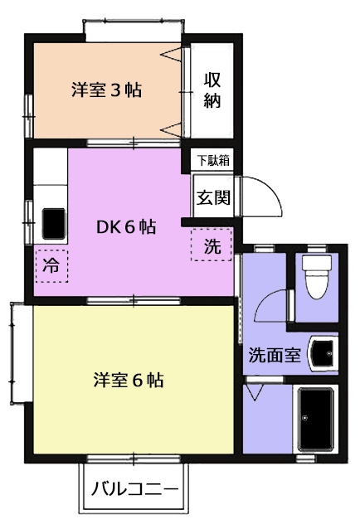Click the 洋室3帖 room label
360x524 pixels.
(106, 90)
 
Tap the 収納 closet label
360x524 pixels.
(212, 90)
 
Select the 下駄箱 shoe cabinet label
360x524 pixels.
(213, 160)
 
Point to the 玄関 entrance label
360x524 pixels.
(213, 197)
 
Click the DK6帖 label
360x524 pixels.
(126, 227)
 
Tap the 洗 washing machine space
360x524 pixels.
(212, 245)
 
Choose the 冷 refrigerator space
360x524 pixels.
(51, 266)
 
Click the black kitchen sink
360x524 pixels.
(53, 224)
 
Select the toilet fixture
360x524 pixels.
(317, 276)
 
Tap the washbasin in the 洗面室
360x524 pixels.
(323, 353)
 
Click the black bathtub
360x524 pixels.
(316, 419)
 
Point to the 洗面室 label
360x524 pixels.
(275, 355)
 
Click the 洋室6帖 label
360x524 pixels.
(129, 380)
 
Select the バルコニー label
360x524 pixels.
(134, 490)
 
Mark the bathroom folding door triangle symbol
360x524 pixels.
(255, 392)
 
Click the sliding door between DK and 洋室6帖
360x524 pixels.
(134, 300)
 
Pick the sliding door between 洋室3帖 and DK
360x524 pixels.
(134, 143)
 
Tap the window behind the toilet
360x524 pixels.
(317, 248)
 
